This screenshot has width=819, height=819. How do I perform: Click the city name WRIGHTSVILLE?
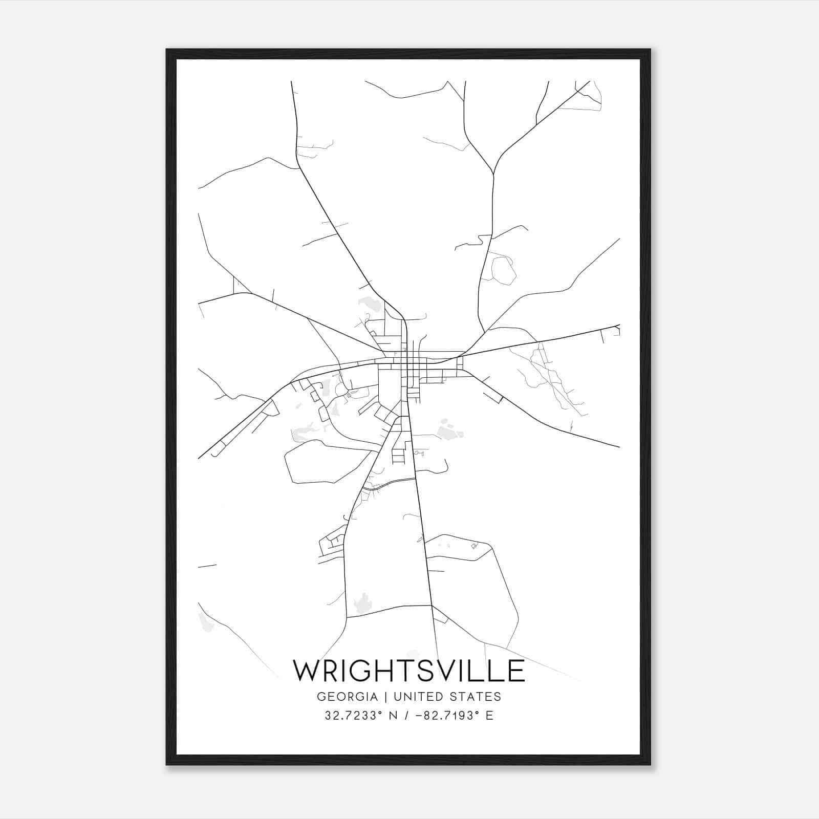(408, 671)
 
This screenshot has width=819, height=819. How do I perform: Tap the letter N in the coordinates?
(394, 716)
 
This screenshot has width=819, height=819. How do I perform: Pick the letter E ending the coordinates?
(489, 716)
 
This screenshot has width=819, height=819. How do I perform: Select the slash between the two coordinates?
(407, 716)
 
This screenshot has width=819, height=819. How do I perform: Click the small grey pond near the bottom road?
(363, 601)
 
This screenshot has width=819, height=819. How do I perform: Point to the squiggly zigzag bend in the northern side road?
(481, 239)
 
